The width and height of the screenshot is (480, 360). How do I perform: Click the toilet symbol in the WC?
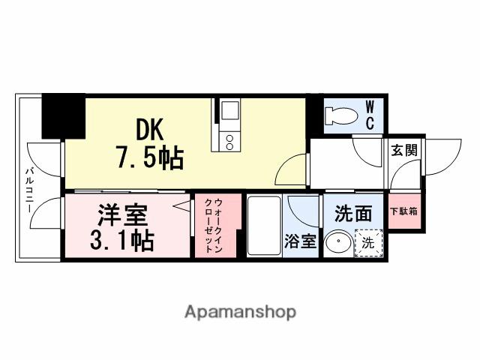point(341,116)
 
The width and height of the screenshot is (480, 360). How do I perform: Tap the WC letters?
point(370,115)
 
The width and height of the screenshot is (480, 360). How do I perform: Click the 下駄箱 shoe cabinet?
point(403,211)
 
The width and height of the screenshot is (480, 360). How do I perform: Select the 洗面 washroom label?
point(353,214)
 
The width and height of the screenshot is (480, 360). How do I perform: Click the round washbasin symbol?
point(340,243)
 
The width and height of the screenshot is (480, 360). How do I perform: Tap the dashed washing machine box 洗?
point(368,242)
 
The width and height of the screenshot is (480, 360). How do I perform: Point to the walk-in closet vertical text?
point(217,225)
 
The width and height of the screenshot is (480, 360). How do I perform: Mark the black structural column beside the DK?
point(62,116)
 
